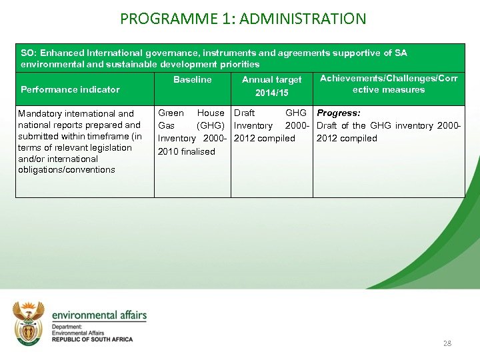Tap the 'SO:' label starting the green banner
(x=28, y=53)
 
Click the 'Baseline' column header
(x=192, y=80)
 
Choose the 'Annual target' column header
(x=271, y=80)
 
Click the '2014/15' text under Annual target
(x=271, y=93)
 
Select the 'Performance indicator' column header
(x=70, y=89)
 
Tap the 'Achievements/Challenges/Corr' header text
(x=389, y=79)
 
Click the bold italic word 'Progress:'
(x=339, y=113)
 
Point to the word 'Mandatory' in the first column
(x=39, y=114)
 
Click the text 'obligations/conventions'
(x=67, y=170)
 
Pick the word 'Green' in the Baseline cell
(x=171, y=113)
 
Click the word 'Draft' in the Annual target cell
(x=244, y=113)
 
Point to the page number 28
(x=447, y=343)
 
